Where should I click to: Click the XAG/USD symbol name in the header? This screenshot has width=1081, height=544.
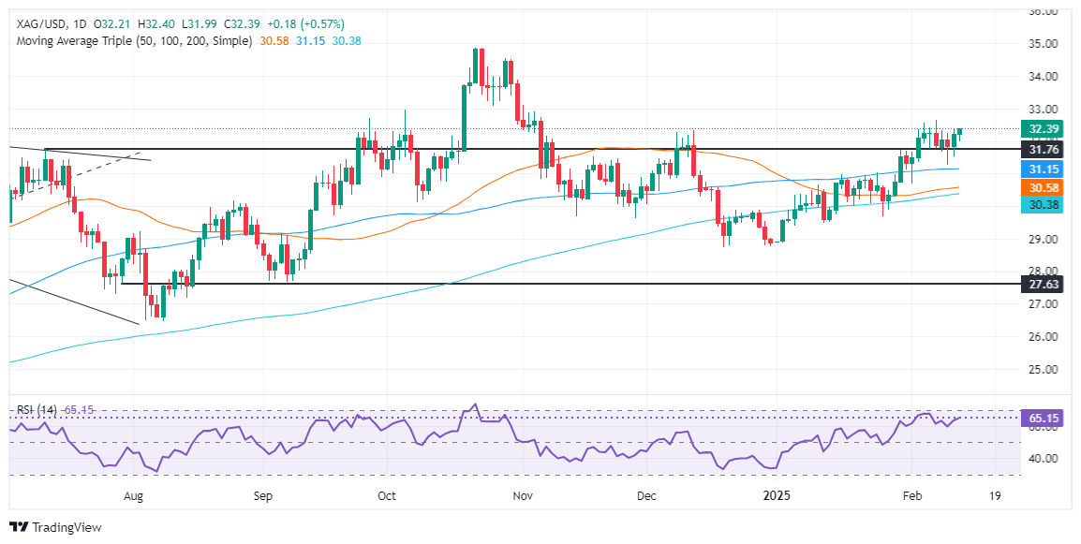tap(40, 23)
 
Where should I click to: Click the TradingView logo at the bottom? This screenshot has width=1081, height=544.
tap(55, 527)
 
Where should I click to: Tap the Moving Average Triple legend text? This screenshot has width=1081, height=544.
tap(132, 41)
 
